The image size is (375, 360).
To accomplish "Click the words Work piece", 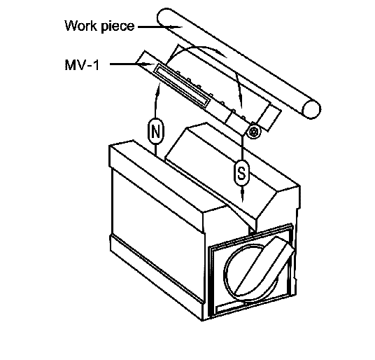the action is tap(99, 26).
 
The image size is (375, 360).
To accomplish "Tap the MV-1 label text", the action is tap(82, 64).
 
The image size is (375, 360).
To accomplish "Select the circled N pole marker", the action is tap(156, 131).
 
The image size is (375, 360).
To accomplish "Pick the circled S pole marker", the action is tap(241, 173).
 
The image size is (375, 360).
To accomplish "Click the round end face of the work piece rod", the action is tap(311, 109).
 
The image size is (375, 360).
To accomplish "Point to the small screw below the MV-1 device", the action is tap(253, 132).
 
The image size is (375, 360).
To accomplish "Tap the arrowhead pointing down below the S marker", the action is tap(243, 195).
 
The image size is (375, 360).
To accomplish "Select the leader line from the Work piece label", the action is tap(160, 27).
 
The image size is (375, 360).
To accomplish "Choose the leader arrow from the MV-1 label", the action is tap(132, 64).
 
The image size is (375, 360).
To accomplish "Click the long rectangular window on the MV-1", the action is tap(182, 85).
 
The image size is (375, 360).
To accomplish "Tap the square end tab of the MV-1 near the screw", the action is tap(269, 118).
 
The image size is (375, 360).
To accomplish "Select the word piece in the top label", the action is tap(118, 27).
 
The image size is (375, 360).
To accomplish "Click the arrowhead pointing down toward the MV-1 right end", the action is tap(240, 101).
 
